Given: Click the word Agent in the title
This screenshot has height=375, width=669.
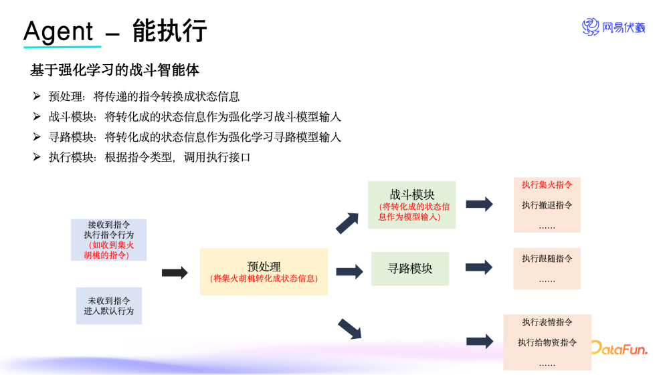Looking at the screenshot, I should [x=58, y=31].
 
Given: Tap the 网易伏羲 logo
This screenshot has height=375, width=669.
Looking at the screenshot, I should [x=613, y=27].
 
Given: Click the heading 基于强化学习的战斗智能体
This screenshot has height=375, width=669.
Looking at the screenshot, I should [x=114, y=70].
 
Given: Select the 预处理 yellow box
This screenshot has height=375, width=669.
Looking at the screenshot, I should [x=264, y=271].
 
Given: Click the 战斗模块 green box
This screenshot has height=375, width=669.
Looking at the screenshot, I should [x=411, y=205].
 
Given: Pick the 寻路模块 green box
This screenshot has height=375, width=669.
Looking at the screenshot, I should [x=410, y=269].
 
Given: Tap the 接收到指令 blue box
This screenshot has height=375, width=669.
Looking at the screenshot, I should [x=108, y=239].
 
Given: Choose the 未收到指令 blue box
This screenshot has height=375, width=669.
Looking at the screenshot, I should [x=109, y=306].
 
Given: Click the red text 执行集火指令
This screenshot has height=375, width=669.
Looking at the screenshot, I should [x=547, y=184].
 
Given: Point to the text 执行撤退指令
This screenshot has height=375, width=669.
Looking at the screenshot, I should [x=547, y=205].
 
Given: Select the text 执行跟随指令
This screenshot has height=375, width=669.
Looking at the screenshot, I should [x=547, y=259].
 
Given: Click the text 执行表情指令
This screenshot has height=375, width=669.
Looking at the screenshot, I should [x=547, y=322].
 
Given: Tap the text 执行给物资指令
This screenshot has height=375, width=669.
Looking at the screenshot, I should [x=547, y=343].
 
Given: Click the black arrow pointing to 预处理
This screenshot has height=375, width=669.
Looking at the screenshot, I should [x=175, y=272].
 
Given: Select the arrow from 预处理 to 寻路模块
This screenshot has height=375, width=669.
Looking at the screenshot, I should [x=349, y=271].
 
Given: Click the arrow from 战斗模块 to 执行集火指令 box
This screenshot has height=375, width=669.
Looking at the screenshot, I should [x=479, y=205].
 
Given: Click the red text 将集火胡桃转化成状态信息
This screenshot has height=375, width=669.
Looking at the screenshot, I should [x=264, y=278].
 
